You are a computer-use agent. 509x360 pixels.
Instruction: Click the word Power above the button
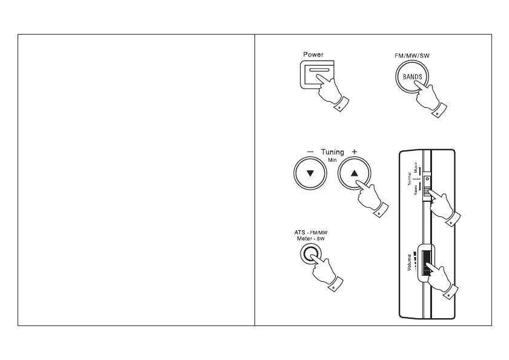click(313, 55)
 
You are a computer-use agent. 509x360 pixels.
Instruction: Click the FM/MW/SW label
click(408, 55)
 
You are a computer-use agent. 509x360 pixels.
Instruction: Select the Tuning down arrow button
click(311, 173)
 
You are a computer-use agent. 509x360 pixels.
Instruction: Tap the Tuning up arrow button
click(354, 173)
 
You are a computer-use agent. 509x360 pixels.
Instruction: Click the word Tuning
click(332, 152)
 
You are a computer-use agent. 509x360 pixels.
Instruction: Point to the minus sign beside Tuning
click(310, 152)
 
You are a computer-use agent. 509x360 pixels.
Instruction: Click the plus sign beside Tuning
click(354, 152)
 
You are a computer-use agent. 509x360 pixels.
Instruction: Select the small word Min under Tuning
click(332, 160)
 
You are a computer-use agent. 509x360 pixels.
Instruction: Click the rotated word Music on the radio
click(413, 164)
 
